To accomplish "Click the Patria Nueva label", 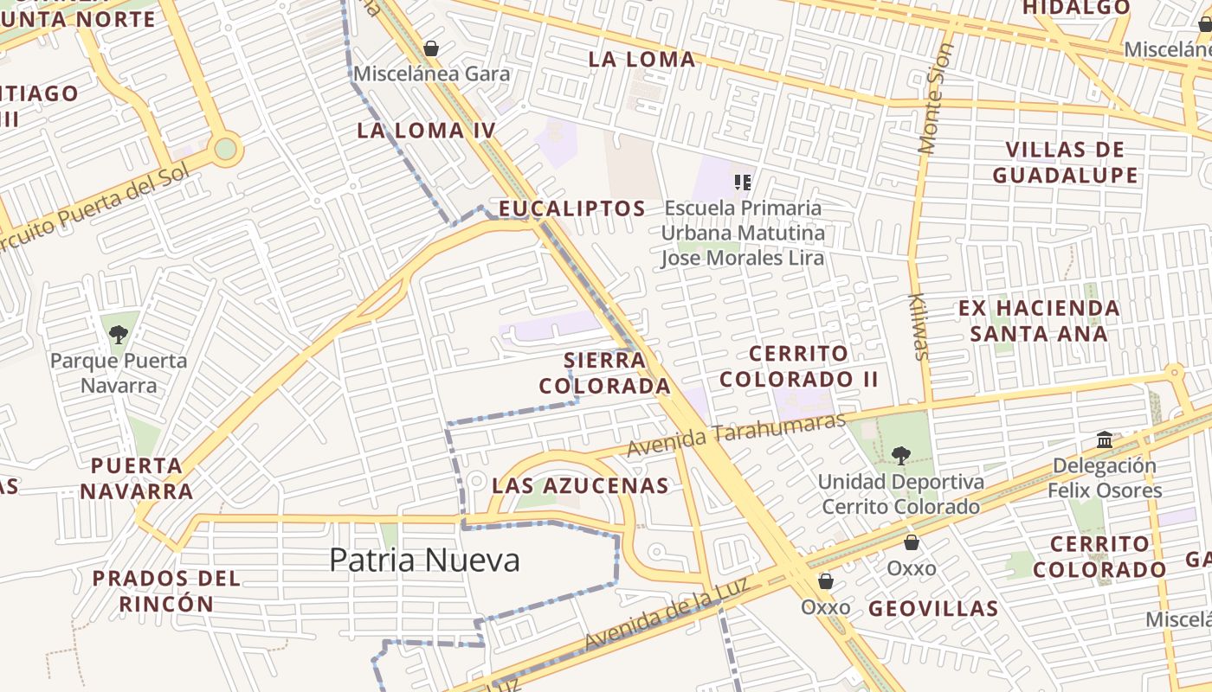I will (x=424, y=561).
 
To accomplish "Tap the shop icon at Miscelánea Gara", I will (x=431, y=48).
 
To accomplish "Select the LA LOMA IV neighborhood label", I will (x=426, y=131).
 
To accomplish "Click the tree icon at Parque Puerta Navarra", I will (x=119, y=333).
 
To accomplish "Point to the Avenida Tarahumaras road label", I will (x=735, y=435).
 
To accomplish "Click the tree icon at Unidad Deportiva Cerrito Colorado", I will (x=901, y=454).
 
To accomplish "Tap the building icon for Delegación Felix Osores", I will (x=1104, y=439).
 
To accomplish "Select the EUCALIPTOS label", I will (x=572, y=208).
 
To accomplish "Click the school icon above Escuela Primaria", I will (x=742, y=182).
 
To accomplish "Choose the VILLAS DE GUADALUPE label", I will (x=1065, y=163).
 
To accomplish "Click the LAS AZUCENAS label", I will (x=580, y=486).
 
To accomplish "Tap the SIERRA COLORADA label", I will (x=604, y=373).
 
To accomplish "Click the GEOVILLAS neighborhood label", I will (x=933, y=609).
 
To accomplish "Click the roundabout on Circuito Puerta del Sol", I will (x=225, y=149).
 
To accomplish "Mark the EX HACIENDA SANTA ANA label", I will (x=1039, y=321).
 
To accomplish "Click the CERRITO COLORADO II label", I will (x=798, y=366).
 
